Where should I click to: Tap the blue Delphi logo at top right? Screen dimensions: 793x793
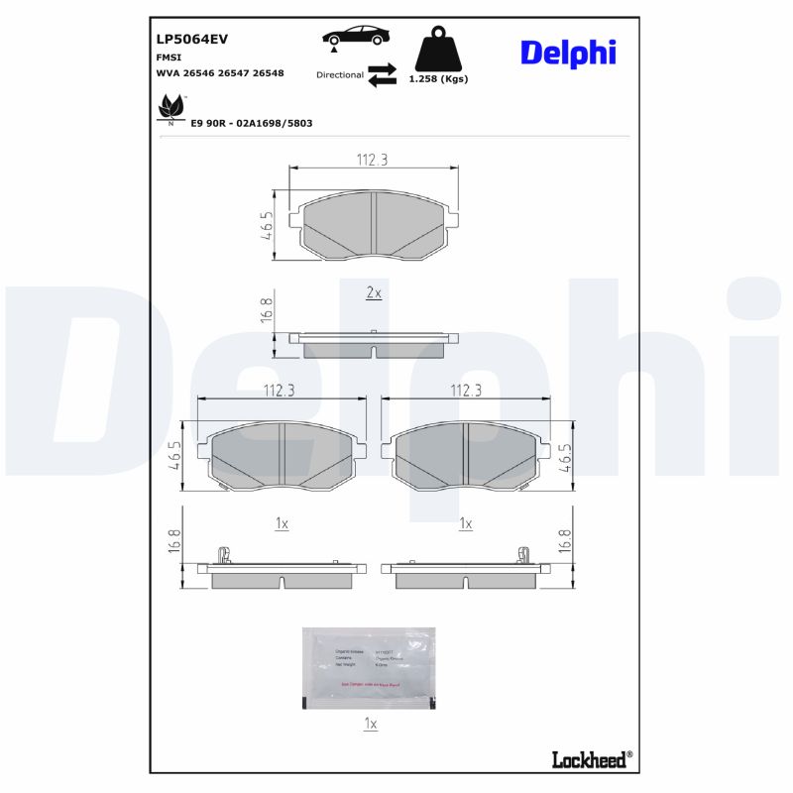[567, 54]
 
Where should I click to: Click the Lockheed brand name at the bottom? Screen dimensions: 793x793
[588, 759]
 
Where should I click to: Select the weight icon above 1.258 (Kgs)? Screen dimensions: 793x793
[438, 47]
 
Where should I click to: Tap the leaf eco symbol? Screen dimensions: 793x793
[171, 107]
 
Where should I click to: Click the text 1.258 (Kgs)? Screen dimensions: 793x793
[438, 78]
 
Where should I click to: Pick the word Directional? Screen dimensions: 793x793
[340, 75]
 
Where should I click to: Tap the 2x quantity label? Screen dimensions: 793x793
[374, 293]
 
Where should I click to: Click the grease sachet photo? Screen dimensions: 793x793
[369, 667]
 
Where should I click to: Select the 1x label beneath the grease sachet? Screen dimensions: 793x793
[370, 725]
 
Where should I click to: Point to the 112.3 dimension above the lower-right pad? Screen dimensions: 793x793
[466, 391]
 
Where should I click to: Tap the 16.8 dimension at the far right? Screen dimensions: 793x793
[565, 541]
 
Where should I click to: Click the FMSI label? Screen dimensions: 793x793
[169, 57]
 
